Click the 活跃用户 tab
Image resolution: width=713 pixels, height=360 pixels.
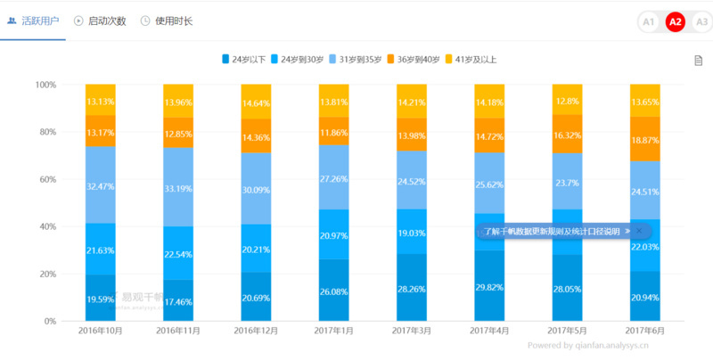pos(34,20)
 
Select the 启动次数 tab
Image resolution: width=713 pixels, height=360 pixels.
pos(100,20)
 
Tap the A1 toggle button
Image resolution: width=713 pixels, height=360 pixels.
pos(648,21)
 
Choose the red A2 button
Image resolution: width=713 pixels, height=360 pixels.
pos(675,21)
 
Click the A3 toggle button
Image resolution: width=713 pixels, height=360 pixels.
pos(701,21)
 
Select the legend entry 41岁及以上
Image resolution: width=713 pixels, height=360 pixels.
pos(470,60)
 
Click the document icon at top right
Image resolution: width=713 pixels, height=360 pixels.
pos(699,60)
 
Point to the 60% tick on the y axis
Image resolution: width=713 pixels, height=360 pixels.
pos(45,179)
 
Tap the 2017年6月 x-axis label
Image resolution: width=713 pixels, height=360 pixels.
pos(644,331)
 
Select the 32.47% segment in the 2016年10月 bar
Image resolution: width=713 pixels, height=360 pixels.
pos(101,185)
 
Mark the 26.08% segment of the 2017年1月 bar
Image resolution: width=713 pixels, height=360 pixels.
pos(333,290)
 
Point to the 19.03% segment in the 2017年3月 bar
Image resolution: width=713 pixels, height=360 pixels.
pos(411,232)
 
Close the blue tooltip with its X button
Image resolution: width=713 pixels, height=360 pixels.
pos(638,231)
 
